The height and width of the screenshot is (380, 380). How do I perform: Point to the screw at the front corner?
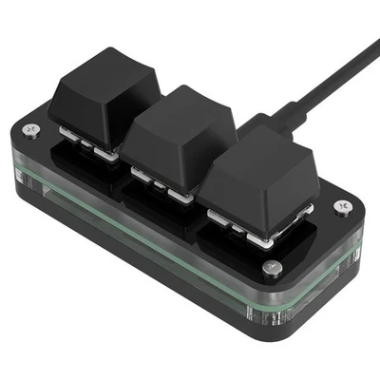273,268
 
